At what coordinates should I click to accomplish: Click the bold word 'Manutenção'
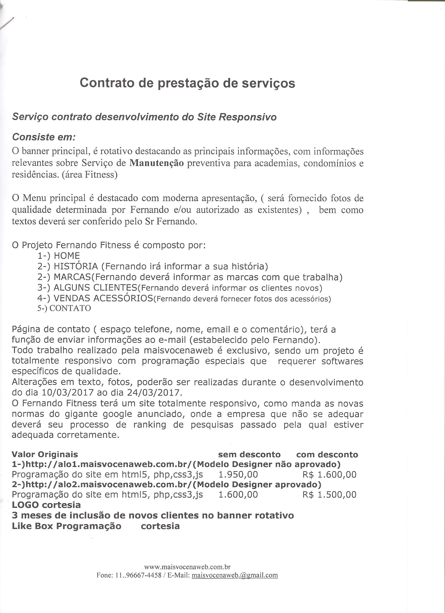pos(157,163)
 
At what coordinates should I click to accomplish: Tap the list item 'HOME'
pos(67,256)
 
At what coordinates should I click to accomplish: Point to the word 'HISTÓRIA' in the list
pos(76,266)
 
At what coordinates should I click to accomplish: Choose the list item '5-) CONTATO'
pos(64,308)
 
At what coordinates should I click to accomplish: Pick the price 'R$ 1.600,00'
pos(329,475)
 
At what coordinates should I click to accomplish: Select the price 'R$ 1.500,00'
pos(329,494)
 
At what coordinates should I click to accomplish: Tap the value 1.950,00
pos(238,475)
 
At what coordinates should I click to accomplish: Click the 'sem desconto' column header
pos(249,455)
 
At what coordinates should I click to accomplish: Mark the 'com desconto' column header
pos(327,455)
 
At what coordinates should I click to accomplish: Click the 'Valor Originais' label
pos(45,455)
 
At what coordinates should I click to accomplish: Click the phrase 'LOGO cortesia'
pos(46,505)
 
